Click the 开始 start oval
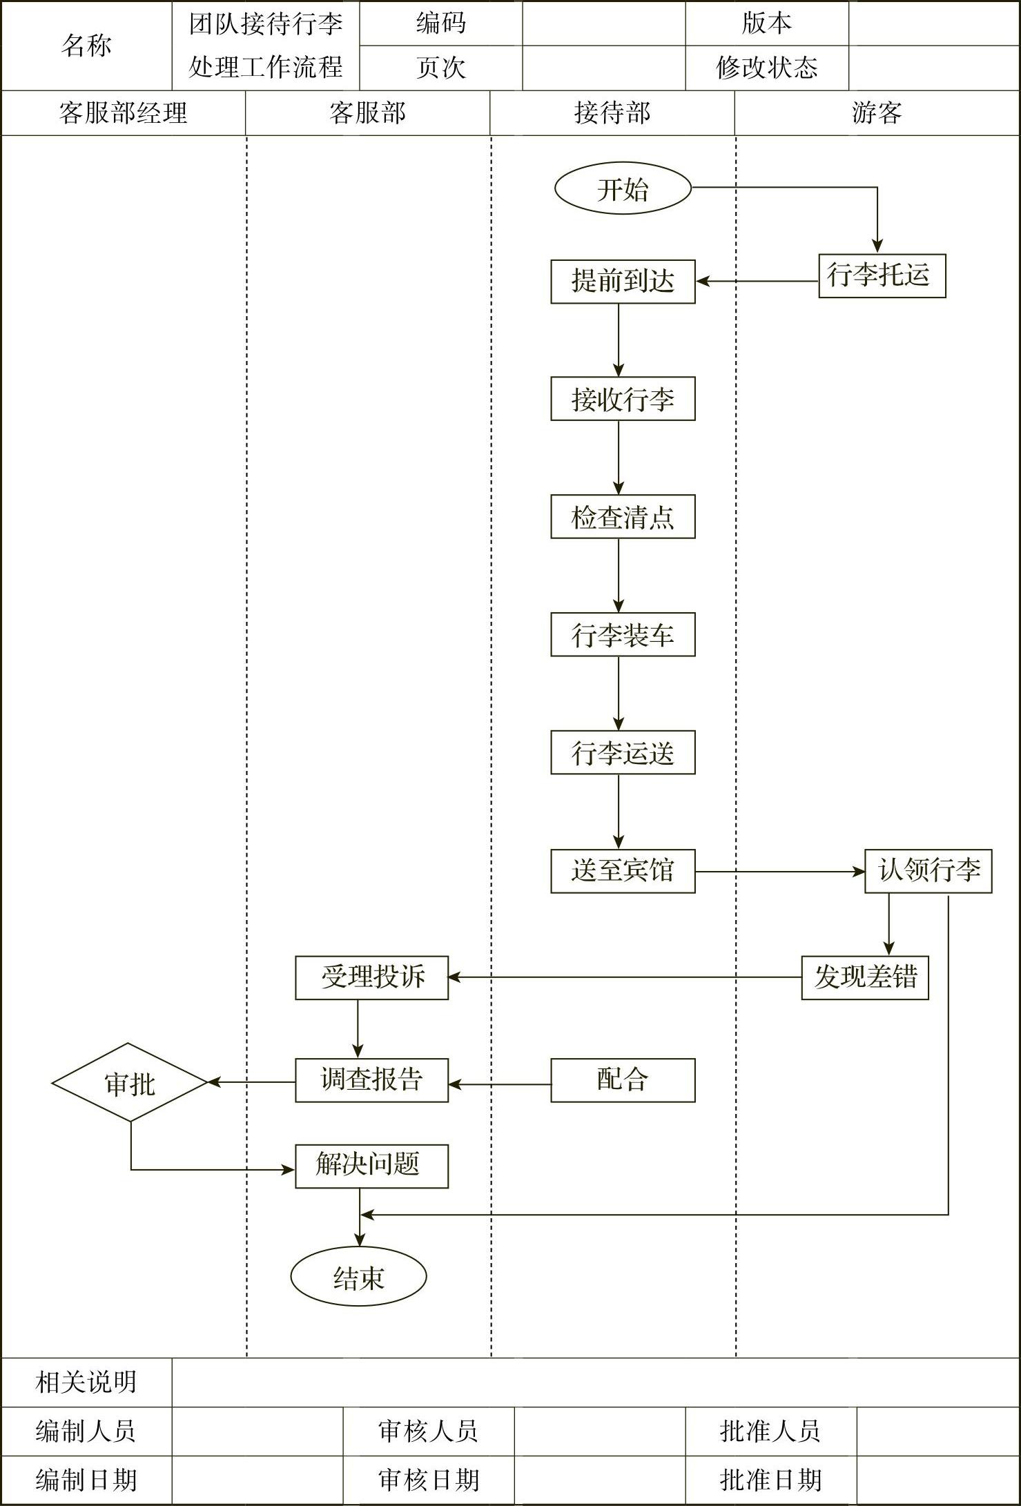click(x=623, y=188)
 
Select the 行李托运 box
click(x=882, y=276)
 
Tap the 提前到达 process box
click(x=623, y=282)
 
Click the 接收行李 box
click(x=623, y=399)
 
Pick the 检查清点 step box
click(x=623, y=517)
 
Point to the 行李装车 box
click(x=623, y=635)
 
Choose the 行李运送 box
click(x=623, y=753)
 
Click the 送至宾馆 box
click(x=623, y=871)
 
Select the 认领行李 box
click(x=928, y=871)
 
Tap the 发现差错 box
click(x=864, y=978)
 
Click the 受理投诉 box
click(x=371, y=978)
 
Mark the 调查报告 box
click(x=371, y=1080)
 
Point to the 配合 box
click(x=623, y=1080)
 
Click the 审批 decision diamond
click(x=130, y=1082)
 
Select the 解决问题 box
click(x=371, y=1166)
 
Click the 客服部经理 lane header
click(x=123, y=113)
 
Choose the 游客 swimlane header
click(x=877, y=113)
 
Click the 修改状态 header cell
click(x=766, y=68)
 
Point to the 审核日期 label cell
click(x=428, y=1480)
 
